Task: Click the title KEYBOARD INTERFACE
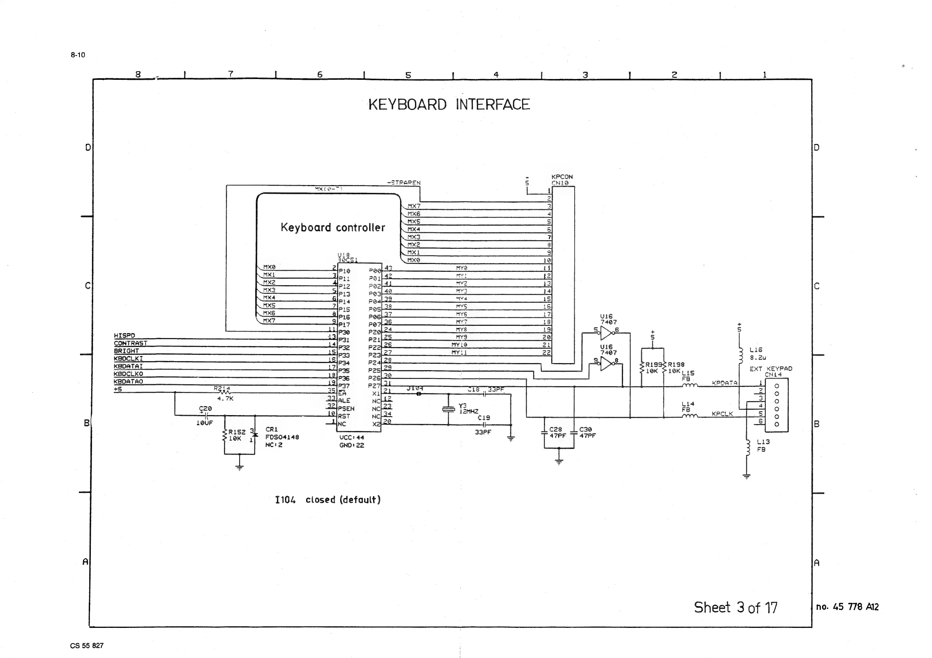pyautogui.click(x=449, y=105)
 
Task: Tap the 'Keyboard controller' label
pyautogui.click(x=332, y=228)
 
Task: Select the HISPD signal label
pyautogui.click(x=124, y=336)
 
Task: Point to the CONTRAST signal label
pyautogui.click(x=130, y=343)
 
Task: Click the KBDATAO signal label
pyautogui.click(x=128, y=381)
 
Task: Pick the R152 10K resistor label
pyautogui.click(x=236, y=435)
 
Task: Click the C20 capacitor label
pyautogui.click(x=206, y=408)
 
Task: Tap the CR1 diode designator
pyautogui.click(x=272, y=429)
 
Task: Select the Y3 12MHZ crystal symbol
pyautogui.click(x=448, y=409)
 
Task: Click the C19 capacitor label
pyautogui.click(x=483, y=417)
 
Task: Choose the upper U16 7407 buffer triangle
pyautogui.click(x=606, y=333)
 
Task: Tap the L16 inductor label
pyautogui.click(x=756, y=350)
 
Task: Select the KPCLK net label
pyautogui.click(x=723, y=414)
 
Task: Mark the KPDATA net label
pyautogui.click(x=725, y=383)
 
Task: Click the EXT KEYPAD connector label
pyautogui.click(x=770, y=369)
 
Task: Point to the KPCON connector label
pyautogui.click(x=562, y=177)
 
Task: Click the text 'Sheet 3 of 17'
pyautogui.click(x=736, y=607)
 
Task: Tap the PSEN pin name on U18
pyautogui.click(x=346, y=408)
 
